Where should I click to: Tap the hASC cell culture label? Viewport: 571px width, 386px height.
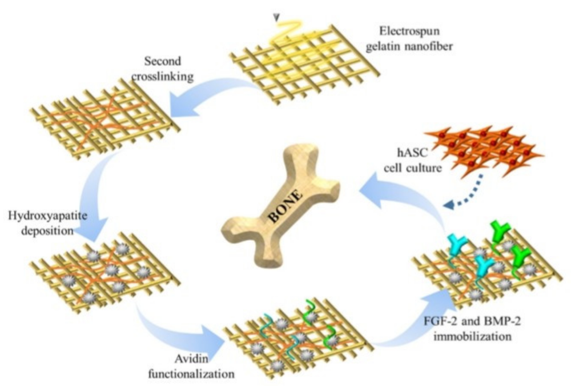pos(409,163)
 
